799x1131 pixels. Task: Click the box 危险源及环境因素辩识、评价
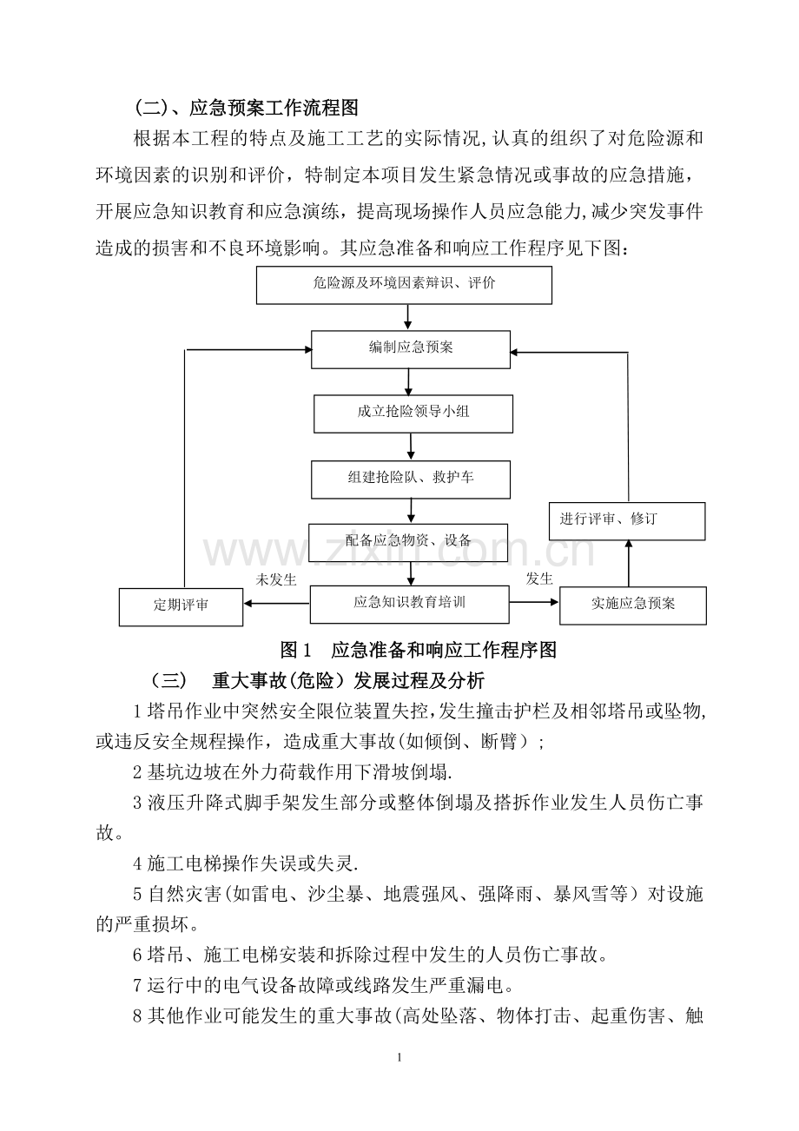(404, 285)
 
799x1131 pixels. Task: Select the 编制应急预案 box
(410, 349)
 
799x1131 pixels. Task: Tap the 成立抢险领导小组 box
(413, 414)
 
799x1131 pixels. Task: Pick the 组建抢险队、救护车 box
(410, 480)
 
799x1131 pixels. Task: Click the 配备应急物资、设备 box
(408, 543)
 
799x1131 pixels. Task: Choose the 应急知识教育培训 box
(409, 605)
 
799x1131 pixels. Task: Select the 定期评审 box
(181, 607)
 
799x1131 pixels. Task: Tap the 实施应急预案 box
(633, 605)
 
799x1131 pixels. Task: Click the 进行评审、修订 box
(627, 521)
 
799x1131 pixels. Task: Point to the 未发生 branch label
(276, 579)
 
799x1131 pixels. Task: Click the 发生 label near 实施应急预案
(539, 579)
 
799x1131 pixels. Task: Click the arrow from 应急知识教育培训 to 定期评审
(276, 604)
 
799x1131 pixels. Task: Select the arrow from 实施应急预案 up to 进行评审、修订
(629, 564)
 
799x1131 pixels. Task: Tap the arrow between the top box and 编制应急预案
(408, 318)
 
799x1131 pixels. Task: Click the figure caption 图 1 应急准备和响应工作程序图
(419, 650)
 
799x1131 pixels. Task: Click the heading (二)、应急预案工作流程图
(247, 108)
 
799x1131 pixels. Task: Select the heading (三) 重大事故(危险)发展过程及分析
(318, 681)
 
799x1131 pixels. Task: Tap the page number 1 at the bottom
(399, 1057)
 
